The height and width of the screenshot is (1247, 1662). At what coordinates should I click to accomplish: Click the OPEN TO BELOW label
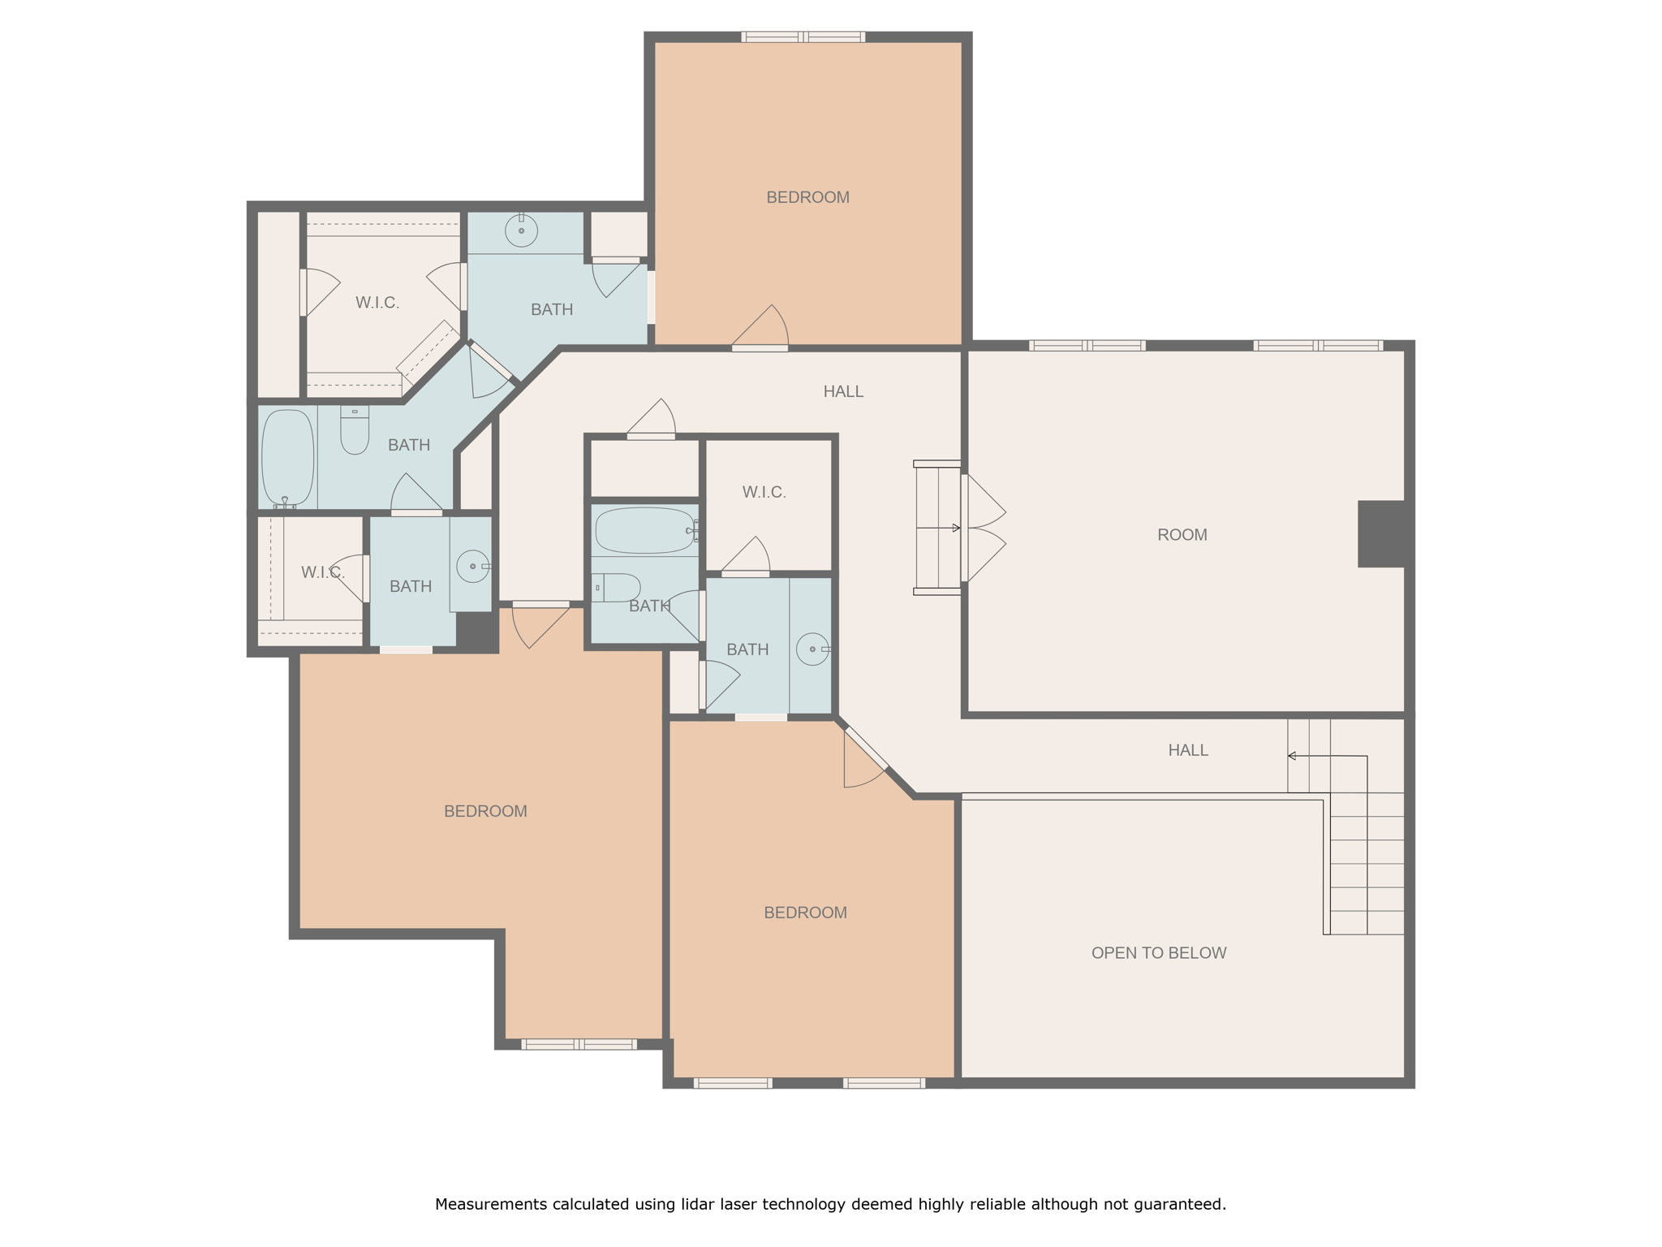tap(1158, 953)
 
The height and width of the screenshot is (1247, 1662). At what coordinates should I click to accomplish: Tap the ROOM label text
tap(1182, 535)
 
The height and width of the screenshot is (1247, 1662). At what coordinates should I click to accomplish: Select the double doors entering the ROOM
tap(984, 529)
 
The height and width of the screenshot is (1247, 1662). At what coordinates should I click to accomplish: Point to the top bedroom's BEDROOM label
tap(807, 197)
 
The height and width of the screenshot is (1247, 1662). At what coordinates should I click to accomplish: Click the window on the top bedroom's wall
tap(803, 37)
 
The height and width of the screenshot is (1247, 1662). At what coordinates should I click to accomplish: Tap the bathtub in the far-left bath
tap(287, 458)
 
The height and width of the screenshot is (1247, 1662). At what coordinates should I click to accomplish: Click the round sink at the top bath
tap(521, 231)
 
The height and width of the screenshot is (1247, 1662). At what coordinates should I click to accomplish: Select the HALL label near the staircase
tap(1187, 750)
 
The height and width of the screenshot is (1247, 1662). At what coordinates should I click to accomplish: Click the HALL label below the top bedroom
tap(843, 391)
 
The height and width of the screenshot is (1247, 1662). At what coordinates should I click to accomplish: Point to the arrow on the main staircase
tap(1292, 756)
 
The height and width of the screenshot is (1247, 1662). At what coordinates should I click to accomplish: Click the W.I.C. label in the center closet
tap(764, 492)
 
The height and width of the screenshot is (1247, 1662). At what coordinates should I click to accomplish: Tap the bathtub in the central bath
tap(645, 530)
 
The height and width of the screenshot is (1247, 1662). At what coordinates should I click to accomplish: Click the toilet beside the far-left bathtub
tap(355, 430)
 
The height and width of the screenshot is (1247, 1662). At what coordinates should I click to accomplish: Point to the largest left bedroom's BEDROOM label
tap(485, 811)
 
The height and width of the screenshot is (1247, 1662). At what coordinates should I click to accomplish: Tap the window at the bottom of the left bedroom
tap(579, 1044)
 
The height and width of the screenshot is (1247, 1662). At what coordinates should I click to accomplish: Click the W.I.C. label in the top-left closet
tap(377, 303)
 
